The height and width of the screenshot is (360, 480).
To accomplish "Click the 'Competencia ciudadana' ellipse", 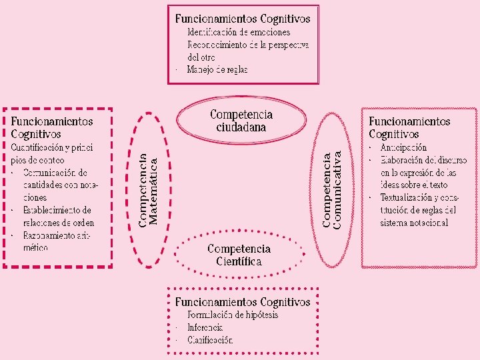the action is click(241, 121).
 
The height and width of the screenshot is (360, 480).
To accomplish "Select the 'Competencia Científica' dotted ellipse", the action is click(239, 255).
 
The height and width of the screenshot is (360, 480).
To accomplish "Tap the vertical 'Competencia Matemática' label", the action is click(149, 190).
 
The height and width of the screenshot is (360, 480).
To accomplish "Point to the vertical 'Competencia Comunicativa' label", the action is click(332, 190).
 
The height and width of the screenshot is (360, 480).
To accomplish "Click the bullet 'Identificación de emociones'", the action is click(239, 32).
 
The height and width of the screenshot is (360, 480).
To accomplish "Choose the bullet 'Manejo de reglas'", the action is click(217, 69).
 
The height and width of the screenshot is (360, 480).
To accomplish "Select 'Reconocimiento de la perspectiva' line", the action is click(248, 45).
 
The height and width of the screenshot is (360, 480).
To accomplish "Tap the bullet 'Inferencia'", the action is click(205, 327).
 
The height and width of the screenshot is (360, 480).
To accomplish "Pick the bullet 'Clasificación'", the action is click(210, 340).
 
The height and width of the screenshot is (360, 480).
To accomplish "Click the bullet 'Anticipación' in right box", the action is click(403, 147).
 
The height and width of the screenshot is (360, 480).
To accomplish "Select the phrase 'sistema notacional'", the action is click(414, 223).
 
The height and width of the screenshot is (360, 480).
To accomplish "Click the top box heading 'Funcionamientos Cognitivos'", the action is click(243, 18).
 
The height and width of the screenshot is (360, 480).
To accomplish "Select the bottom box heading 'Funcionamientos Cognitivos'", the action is click(243, 302).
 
